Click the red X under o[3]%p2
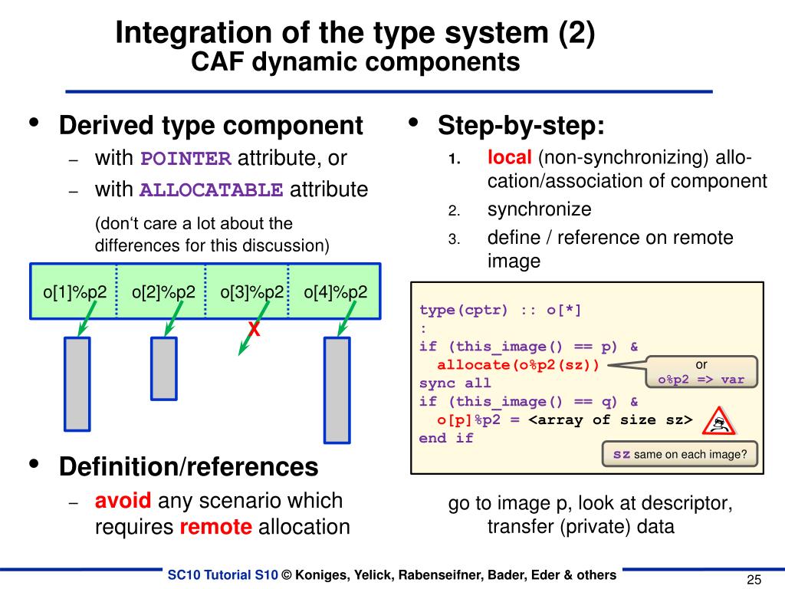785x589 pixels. click(254, 330)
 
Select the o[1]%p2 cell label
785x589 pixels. click(74, 291)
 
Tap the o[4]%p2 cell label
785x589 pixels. click(335, 291)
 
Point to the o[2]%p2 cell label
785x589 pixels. click(163, 291)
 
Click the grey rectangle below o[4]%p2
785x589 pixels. click(337, 390)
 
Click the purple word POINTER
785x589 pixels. click(186, 160)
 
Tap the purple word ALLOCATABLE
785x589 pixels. click(212, 190)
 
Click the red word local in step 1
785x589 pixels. click(509, 158)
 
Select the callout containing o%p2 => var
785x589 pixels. click(701, 372)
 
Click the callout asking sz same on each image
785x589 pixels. click(680, 454)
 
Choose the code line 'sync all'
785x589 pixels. click(455, 383)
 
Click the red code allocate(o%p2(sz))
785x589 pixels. click(518, 365)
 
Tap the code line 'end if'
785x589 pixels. click(446, 439)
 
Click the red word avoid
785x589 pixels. click(123, 501)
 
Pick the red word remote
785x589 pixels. click(215, 527)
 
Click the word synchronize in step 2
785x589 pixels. click(539, 209)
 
